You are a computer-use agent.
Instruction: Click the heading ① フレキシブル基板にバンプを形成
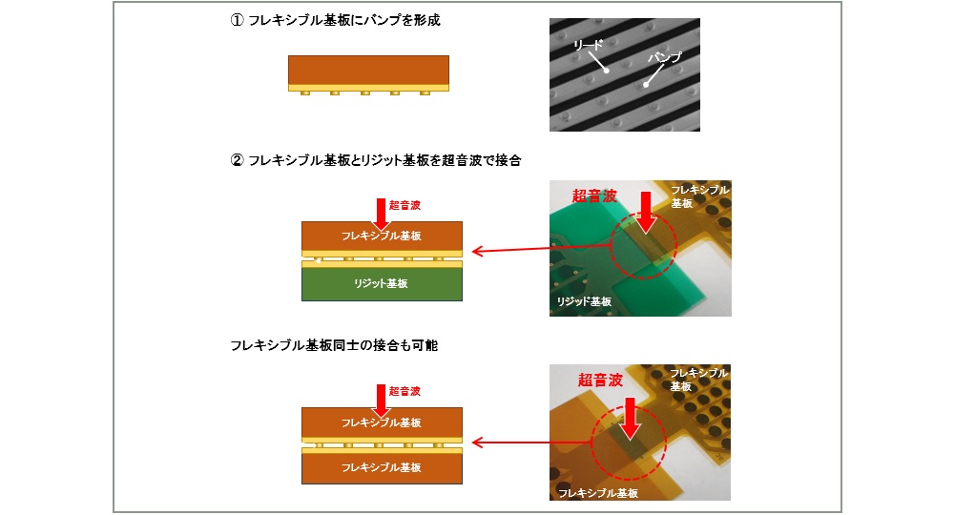tap(335, 20)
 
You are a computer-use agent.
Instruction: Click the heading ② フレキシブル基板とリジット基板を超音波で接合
tap(375, 160)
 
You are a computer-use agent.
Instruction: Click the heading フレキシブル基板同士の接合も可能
tap(334, 345)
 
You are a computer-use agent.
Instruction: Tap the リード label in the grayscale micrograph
tap(589, 45)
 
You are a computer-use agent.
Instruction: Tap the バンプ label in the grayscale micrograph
tap(664, 57)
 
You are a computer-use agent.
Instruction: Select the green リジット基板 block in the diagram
tap(383, 284)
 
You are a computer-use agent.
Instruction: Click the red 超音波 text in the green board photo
tap(594, 196)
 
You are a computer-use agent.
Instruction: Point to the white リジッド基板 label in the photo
tap(584, 301)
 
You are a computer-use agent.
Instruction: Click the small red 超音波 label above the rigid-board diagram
tap(404, 205)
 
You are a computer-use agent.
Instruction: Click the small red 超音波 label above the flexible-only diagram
tap(404, 391)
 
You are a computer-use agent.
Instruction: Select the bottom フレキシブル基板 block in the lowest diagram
tap(383, 467)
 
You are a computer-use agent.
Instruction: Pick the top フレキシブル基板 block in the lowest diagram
tap(383, 422)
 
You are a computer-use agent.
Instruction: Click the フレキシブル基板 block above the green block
tap(383, 236)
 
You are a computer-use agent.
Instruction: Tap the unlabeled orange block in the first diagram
tap(368, 70)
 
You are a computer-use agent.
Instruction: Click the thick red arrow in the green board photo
tap(646, 213)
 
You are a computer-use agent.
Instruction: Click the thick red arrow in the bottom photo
tap(631, 419)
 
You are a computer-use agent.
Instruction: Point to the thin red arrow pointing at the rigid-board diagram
tap(542, 249)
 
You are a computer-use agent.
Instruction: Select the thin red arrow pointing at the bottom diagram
tap(532, 442)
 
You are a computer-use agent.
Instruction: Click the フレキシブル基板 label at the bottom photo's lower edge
tap(598, 493)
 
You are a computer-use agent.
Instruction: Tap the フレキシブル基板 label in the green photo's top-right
tap(699, 196)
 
